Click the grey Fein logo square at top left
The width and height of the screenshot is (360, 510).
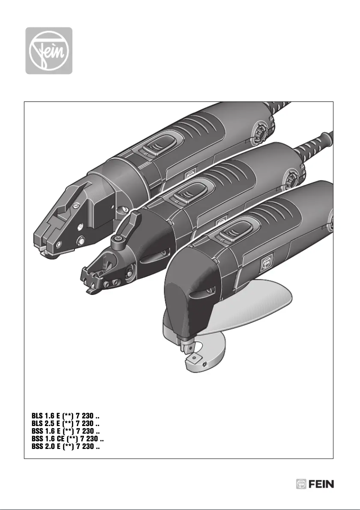(48, 51)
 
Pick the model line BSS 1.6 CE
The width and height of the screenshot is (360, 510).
(68, 439)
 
